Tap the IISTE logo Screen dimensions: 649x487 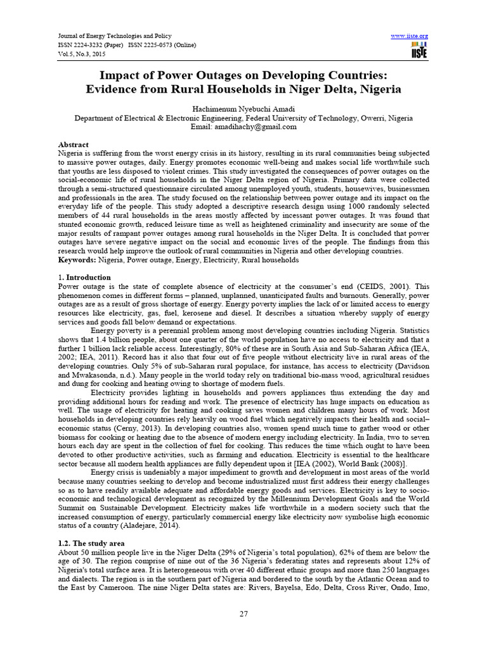tap(419, 51)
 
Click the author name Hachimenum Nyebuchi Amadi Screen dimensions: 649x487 tap(243, 108)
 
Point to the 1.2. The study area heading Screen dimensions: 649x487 tap(91, 543)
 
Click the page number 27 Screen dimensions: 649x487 tap(243, 614)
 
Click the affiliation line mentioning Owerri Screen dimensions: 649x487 tap(243, 118)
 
